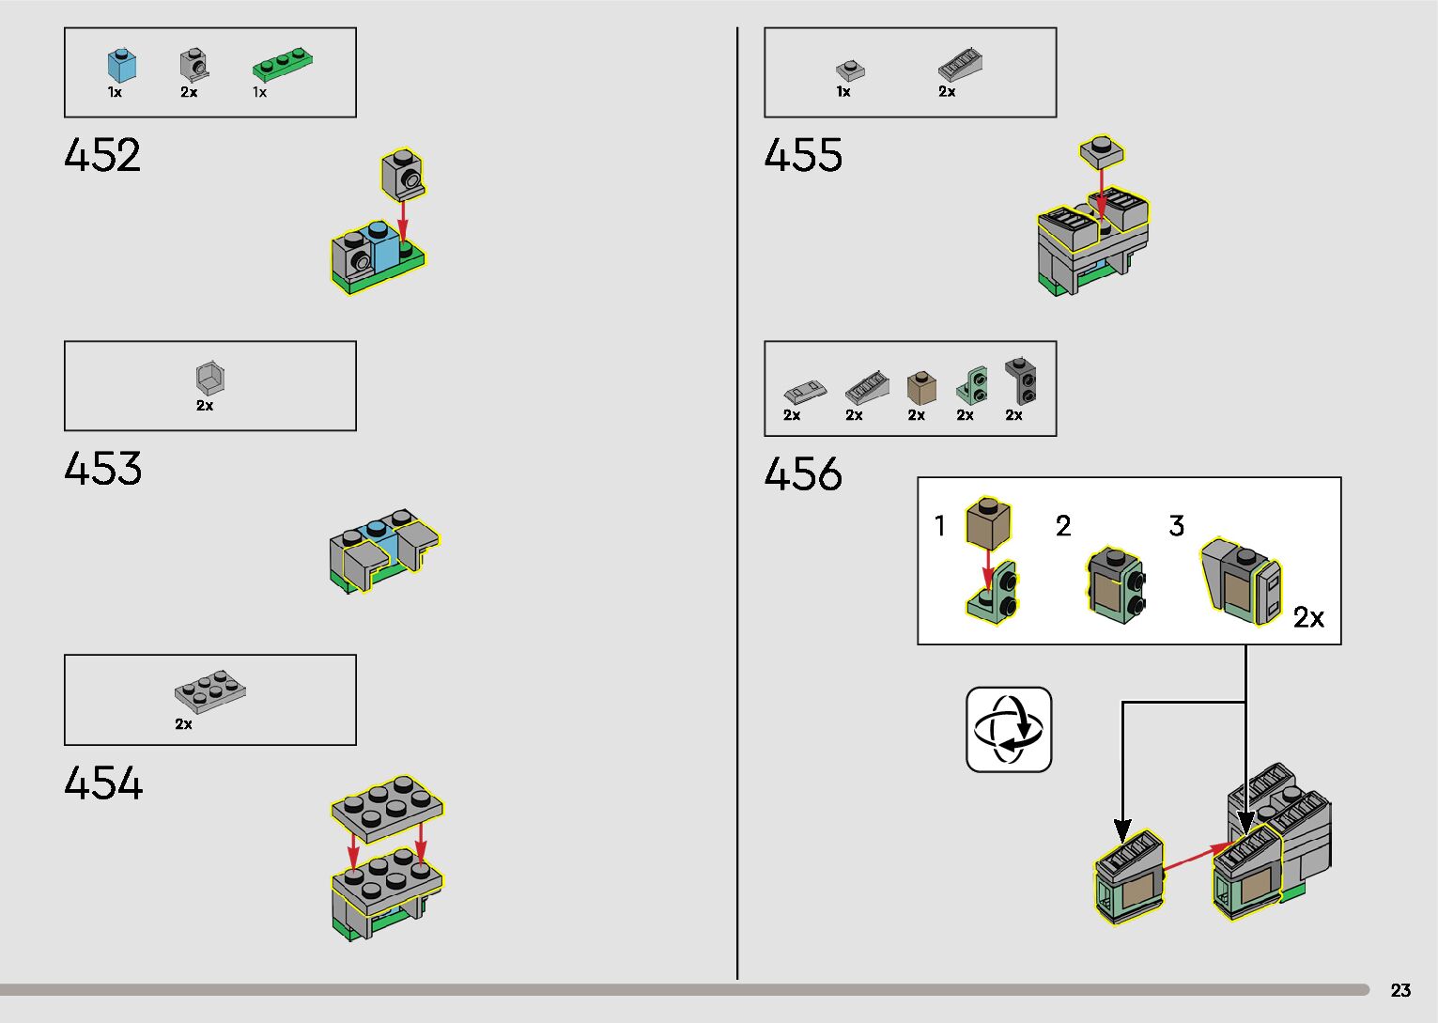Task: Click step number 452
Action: (x=102, y=156)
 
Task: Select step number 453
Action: (x=102, y=469)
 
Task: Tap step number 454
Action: (x=103, y=783)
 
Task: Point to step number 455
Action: (x=803, y=156)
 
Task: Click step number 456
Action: (x=803, y=474)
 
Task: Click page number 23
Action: (x=1400, y=990)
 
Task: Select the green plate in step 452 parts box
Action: (x=282, y=64)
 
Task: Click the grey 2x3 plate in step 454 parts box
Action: (x=210, y=691)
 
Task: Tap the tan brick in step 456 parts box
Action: (x=921, y=387)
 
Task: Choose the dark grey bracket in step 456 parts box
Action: (x=1021, y=380)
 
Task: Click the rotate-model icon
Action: (x=1009, y=730)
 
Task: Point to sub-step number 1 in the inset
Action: (x=939, y=526)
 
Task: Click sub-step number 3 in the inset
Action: (x=1176, y=526)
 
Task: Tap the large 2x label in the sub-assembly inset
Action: (x=1308, y=617)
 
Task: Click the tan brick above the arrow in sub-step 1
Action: (x=988, y=522)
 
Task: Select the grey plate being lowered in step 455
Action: (x=1103, y=150)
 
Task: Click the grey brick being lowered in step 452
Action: (x=403, y=175)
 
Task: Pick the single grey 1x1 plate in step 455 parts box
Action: (x=849, y=70)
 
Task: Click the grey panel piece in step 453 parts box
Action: (x=210, y=378)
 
